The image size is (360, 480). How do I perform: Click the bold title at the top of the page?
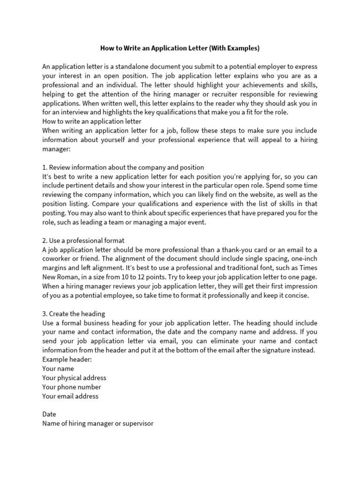(x=180, y=48)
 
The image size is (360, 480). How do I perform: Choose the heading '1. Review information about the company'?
(x=123, y=167)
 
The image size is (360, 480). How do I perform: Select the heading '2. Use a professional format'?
(x=83, y=240)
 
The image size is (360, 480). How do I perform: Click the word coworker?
(x=58, y=259)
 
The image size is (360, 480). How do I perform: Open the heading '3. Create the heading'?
(x=74, y=314)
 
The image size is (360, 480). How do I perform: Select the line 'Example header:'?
(x=67, y=360)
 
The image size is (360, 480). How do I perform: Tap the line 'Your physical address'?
(x=74, y=378)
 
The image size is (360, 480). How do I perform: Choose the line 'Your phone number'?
(x=71, y=387)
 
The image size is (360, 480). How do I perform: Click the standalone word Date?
(x=49, y=414)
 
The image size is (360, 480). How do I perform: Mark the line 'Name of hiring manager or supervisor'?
(x=97, y=423)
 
